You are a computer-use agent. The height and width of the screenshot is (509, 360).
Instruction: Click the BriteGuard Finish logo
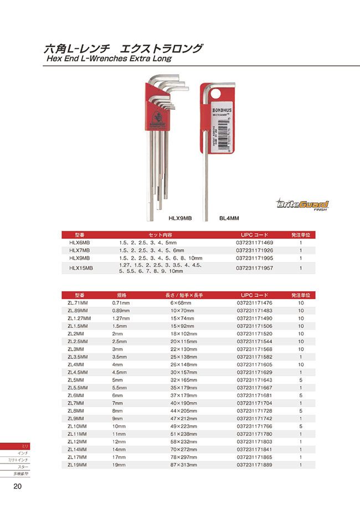click(303, 205)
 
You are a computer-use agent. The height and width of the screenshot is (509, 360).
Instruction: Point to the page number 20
click(18, 486)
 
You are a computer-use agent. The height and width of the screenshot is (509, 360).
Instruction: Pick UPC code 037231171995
click(255, 258)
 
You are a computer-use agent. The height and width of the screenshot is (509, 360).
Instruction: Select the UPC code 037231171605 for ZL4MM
click(255, 365)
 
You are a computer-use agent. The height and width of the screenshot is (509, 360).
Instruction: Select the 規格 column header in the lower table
click(121, 295)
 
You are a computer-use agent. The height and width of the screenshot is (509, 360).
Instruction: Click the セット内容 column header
click(161, 235)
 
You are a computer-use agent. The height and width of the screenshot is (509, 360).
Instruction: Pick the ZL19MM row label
click(78, 465)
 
